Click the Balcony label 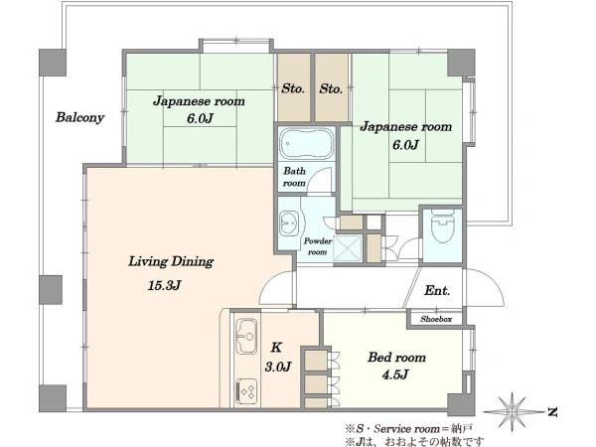79,117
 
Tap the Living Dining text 171,261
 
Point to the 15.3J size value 164,285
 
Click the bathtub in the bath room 306,144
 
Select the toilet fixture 442,225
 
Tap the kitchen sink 246,336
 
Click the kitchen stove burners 246,392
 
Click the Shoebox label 436,319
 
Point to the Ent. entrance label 437,291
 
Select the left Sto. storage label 293,88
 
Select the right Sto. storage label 331,88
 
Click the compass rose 512,411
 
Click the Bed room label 396,358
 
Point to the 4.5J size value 395,374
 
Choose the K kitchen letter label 276,348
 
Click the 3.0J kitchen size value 278,367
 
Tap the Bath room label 294,177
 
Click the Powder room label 318,246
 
